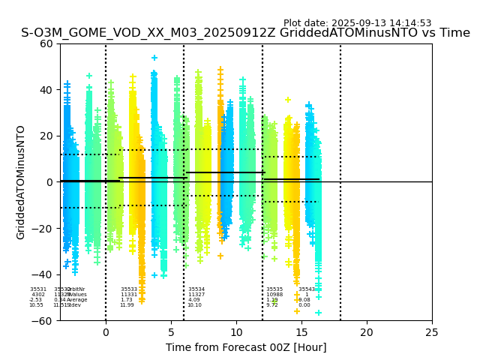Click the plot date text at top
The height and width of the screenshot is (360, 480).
(357, 23)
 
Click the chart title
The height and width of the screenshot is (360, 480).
(245, 33)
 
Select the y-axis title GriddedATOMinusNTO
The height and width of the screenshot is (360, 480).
(21, 182)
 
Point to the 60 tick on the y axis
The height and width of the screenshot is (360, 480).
(46, 43)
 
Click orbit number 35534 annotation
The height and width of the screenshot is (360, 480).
(196, 289)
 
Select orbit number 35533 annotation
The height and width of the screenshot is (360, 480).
(129, 289)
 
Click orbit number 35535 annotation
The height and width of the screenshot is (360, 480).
(274, 289)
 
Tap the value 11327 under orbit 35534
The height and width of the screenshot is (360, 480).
(196, 295)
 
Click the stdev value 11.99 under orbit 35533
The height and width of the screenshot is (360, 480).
(127, 305)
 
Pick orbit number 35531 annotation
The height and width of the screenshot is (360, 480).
(38, 289)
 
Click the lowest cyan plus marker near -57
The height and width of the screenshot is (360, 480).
(318, 313)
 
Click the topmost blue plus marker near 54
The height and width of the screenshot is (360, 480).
(154, 58)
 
